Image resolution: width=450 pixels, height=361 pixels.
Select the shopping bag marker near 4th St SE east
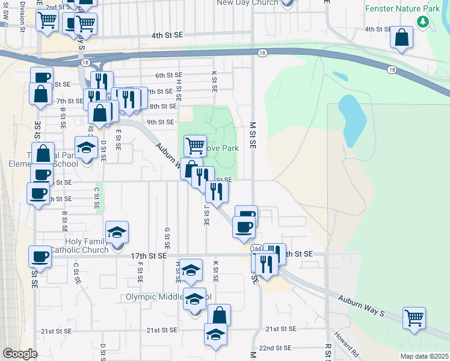(x=401, y=37)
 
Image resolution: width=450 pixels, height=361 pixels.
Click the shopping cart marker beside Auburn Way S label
(x=414, y=317)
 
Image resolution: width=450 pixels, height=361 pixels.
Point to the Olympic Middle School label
(x=168, y=297)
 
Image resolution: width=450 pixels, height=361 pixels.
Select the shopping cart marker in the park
(x=195, y=145)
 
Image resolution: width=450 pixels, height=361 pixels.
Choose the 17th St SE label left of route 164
(x=148, y=256)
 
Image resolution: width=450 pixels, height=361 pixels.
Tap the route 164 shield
(x=257, y=248)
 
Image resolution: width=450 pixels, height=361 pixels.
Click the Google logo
(x=20, y=354)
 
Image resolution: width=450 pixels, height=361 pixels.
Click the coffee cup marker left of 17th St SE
(x=40, y=256)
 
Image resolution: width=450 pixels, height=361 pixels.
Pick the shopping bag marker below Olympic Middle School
(x=219, y=315)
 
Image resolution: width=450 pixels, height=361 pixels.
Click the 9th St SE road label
(x=161, y=122)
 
